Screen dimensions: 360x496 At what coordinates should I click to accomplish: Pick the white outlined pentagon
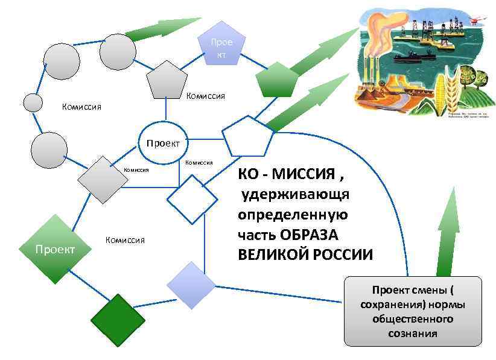click(247, 137)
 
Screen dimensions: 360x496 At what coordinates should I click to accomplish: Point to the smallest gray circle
click(33, 103)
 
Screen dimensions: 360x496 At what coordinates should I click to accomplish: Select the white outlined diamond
click(192, 200)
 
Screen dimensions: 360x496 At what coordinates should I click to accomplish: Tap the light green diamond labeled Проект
click(56, 248)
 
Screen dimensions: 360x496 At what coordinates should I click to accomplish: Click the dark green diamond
click(118, 320)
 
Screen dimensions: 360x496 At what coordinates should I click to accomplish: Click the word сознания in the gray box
click(413, 333)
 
